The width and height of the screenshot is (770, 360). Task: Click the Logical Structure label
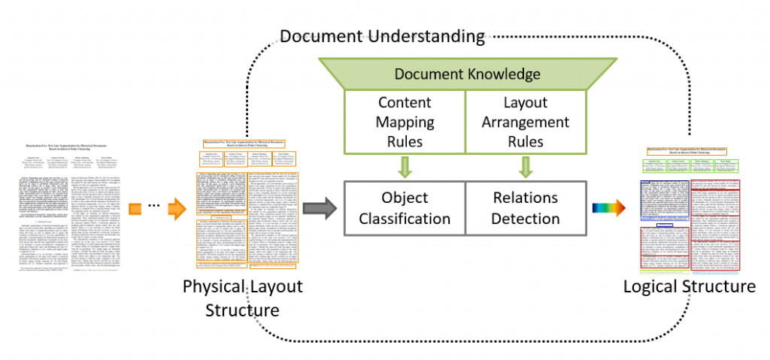tap(689, 286)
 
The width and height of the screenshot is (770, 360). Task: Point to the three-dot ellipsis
tap(153, 207)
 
